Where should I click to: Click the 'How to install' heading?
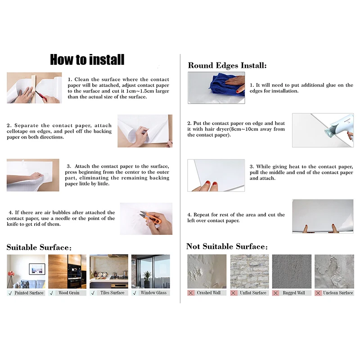click(x=87, y=59)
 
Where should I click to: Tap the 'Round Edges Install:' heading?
click(x=227, y=66)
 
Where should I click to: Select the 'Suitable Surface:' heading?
click(x=39, y=247)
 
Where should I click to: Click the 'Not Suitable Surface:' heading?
click(x=227, y=247)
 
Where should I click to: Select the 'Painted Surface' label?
click(x=29, y=293)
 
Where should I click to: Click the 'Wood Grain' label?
click(x=68, y=293)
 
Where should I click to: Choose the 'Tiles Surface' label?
click(x=112, y=293)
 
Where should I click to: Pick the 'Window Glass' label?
click(x=153, y=293)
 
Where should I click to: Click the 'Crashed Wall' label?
click(x=209, y=293)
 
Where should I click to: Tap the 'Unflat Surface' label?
click(x=253, y=293)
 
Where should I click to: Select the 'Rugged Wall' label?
click(x=293, y=293)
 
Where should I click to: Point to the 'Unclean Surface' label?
click(x=338, y=293)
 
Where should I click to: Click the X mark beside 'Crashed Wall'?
click(x=191, y=293)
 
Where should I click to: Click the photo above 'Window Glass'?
click(x=150, y=271)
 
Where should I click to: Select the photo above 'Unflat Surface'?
click(x=249, y=271)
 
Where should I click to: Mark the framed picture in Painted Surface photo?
click(x=37, y=269)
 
